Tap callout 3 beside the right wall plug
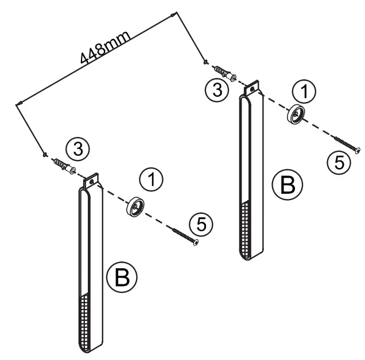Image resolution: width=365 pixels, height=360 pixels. click(215, 89)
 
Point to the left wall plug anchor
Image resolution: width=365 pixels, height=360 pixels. click(64, 166)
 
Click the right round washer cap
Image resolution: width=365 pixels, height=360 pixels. click(296, 116)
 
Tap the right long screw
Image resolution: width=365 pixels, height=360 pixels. click(345, 143)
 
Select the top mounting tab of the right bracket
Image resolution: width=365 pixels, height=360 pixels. click(251, 89)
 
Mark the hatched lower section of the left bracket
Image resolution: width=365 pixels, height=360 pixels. click(87, 321)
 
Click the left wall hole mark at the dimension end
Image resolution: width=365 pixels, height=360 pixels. click(44, 154)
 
